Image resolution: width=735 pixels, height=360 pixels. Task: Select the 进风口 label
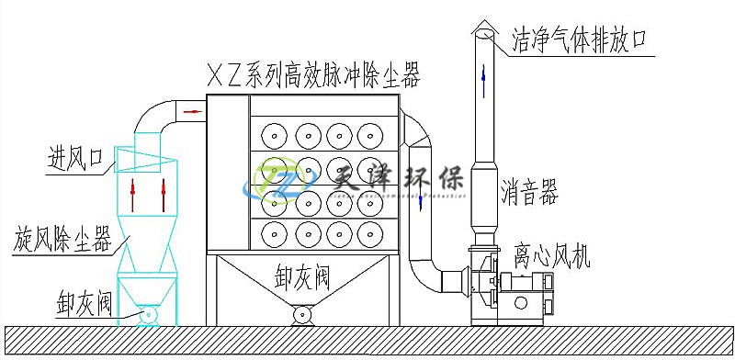pos(74,160)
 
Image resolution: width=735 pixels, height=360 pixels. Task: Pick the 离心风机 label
pos(552,255)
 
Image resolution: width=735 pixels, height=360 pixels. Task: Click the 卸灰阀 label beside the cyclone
pos(84,303)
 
